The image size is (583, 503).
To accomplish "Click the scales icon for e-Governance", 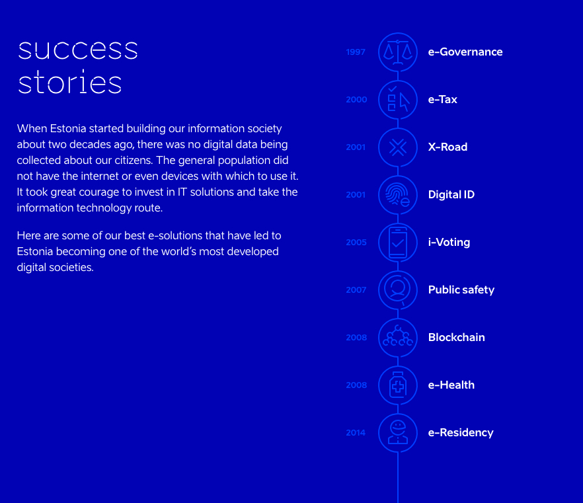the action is click(x=398, y=52).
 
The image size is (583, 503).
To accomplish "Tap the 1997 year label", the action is click(x=356, y=52).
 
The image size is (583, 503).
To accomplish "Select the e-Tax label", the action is click(x=442, y=99).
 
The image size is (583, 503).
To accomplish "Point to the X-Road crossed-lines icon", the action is click(x=398, y=147).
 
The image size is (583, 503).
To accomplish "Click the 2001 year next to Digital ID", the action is click(x=356, y=194).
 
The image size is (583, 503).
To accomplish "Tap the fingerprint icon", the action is click(x=398, y=195).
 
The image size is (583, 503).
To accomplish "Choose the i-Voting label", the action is click(x=449, y=243).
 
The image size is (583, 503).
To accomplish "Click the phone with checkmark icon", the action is click(x=398, y=243).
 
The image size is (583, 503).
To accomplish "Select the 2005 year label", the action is click(x=356, y=242).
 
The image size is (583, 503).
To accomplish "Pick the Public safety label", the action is click(x=461, y=290).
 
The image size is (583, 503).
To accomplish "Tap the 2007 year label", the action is click(x=356, y=290).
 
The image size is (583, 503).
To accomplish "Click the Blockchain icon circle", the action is click(x=398, y=338).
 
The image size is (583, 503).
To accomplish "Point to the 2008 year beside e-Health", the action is click(x=356, y=385).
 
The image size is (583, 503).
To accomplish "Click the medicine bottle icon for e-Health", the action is click(x=398, y=385).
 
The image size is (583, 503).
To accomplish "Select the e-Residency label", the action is click(x=461, y=433).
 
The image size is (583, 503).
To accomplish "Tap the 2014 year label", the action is click(x=356, y=432).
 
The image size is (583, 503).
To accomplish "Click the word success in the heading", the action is click(x=78, y=50).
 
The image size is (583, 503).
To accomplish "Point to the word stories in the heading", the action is click(x=70, y=81).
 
